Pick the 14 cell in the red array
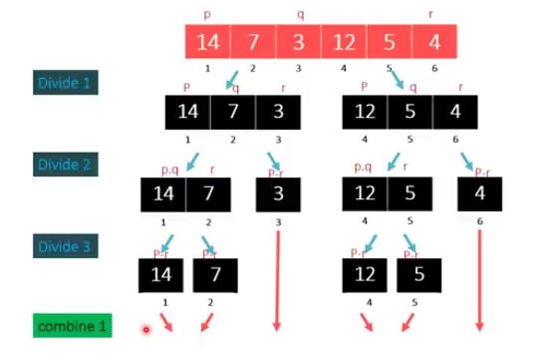[x=207, y=43]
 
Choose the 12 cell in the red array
[x=344, y=43]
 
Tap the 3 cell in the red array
[x=298, y=43]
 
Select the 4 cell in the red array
[x=433, y=43]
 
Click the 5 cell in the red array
[x=389, y=43]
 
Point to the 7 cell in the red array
[x=253, y=43]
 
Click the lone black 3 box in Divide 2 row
[x=278, y=192]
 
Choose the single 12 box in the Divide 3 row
[x=364, y=274]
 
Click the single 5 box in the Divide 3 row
[x=418, y=274]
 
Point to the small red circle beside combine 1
[x=146, y=328]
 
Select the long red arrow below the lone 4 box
[x=480, y=279]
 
